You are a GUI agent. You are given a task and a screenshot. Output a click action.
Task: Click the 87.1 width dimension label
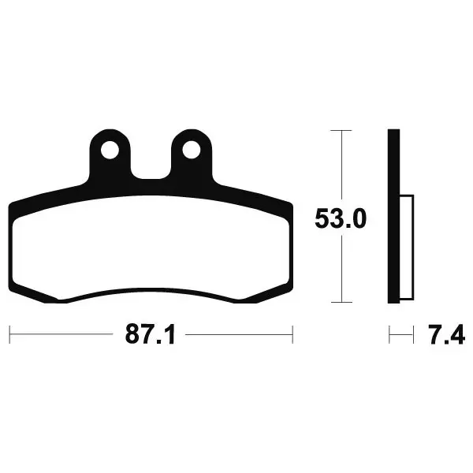(150, 334)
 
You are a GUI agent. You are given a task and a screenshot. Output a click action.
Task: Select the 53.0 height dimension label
(341, 218)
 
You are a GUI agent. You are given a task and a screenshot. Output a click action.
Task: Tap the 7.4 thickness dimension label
(446, 334)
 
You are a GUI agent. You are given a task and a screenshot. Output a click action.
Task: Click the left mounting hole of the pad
(110, 150)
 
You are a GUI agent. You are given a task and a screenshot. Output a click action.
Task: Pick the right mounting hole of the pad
(192, 150)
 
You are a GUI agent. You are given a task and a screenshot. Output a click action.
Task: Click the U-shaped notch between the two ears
(151, 169)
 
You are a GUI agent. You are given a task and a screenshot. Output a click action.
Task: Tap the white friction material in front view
(151, 248)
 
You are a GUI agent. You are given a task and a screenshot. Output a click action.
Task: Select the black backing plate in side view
(393, 216)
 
